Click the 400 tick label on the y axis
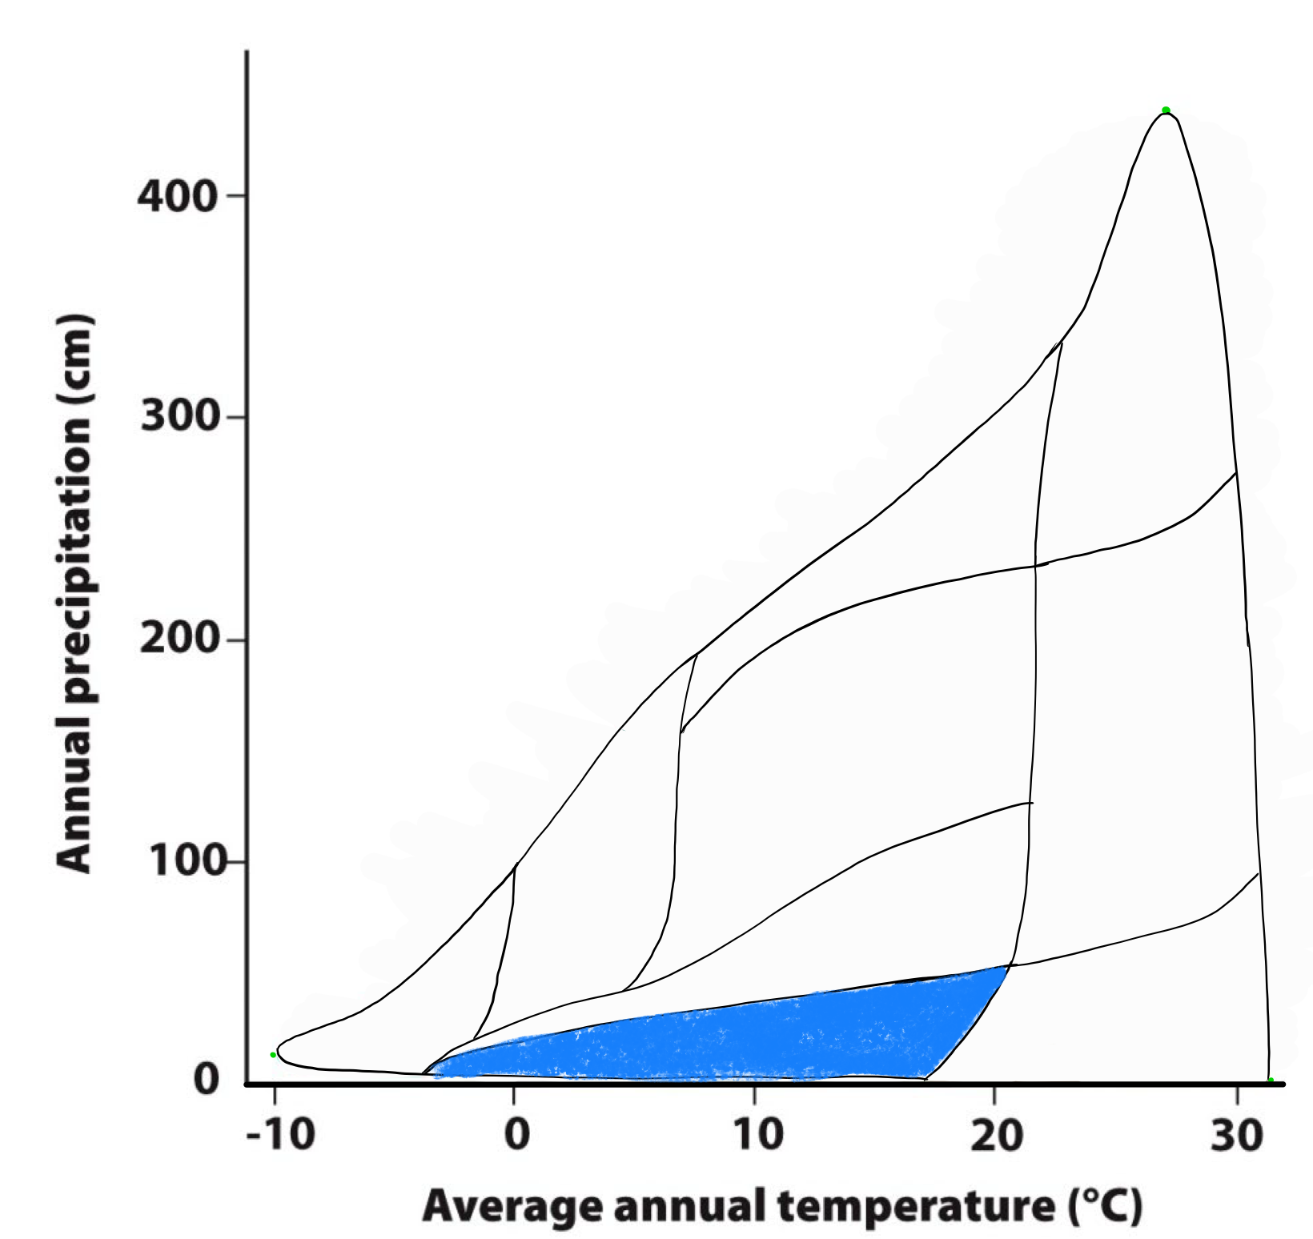[x=177, y=196]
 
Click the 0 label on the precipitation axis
[x=207, y=1081]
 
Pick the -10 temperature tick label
[x=280, y=1134]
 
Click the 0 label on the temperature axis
[x=517, y=1134]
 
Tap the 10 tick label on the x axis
[x=757, y=1134]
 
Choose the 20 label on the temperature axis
[x=997, y=1134]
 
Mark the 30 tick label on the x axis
[x=1236, y=1134]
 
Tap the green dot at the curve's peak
[x=1166, y=110]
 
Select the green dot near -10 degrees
[x=273, y=1055]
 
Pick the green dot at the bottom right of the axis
[x=1271, y=1081]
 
